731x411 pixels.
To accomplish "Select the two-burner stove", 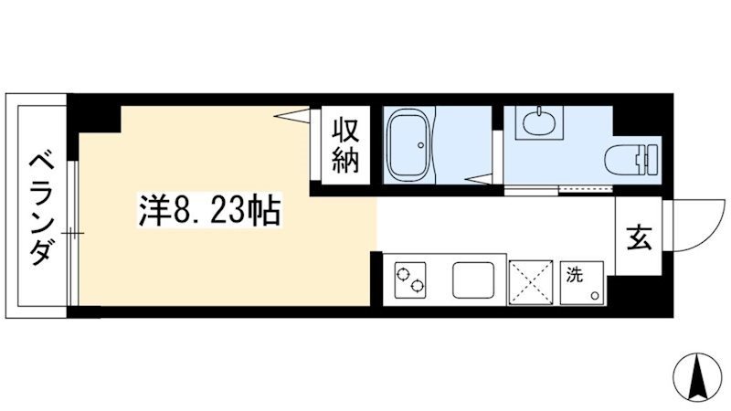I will click(x=409, y=279).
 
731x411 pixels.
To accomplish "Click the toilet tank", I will click(x=650, y=157).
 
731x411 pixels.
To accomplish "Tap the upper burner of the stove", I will click(x=402, y=272).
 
